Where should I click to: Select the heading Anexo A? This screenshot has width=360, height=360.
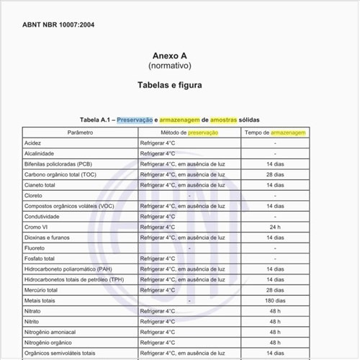[170, 55]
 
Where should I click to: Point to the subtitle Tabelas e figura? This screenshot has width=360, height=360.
[170, 85]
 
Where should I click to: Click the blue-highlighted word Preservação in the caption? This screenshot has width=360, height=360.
[135, 120]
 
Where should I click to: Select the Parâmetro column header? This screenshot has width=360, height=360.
[80, 133]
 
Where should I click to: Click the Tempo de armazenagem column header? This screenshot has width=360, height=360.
[274, 133]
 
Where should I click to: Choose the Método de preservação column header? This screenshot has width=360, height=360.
[188, 133]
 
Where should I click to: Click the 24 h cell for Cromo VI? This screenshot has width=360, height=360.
[274, 227]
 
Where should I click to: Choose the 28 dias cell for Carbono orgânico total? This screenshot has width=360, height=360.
[274, 175]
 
